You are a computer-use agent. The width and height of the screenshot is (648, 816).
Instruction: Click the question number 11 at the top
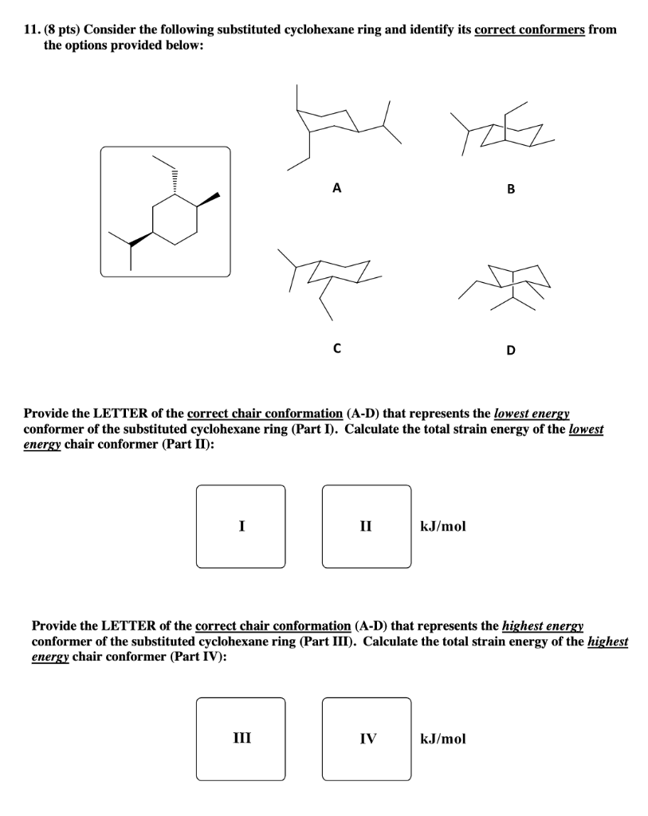[x=32, y=29]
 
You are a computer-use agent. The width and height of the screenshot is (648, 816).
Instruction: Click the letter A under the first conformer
[x=336, y=189]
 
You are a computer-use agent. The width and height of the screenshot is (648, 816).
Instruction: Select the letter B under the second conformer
[x=511, y=190]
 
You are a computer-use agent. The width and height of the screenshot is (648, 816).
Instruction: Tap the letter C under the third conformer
[x=336, y=347]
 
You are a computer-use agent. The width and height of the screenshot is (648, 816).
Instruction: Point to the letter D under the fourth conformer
[x=511, y=349]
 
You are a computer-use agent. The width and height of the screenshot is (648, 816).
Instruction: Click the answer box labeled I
[x=241, y=526]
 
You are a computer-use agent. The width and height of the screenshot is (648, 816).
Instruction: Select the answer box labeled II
[x=367, y=526]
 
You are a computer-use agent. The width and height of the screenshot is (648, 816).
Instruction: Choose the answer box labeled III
[x=241, y=739]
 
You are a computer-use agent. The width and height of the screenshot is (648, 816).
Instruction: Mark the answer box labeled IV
[x=367, y=739]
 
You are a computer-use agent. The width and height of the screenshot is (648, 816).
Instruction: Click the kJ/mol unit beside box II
[x=443, y=526]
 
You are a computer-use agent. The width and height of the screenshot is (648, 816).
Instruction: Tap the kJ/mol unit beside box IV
[x=443, y=739]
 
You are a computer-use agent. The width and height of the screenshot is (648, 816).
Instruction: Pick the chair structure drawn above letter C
[x=331, y=275]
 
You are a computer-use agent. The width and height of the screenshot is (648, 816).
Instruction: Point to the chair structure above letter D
[x=514, y=283]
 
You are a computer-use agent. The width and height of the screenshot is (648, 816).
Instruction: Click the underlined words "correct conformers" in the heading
[x=529, y=29]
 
